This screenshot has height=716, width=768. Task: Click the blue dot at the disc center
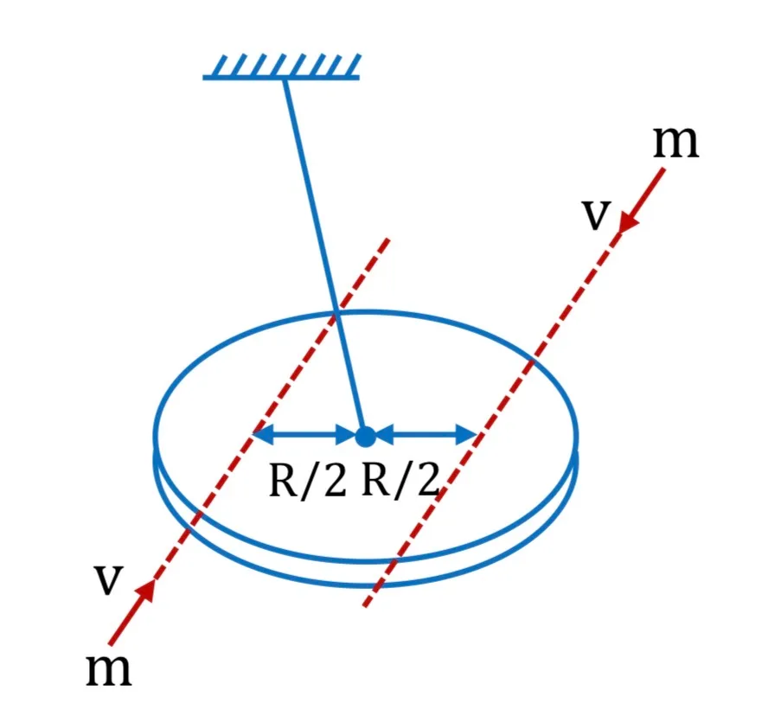pos(365,436)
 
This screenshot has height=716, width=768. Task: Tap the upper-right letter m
pos(676,142)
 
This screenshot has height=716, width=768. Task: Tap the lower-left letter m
pos(108,669)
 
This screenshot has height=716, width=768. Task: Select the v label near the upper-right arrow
pos(597,214)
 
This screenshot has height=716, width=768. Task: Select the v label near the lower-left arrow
pos(108,580)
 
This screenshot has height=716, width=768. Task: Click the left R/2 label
pos(308,481)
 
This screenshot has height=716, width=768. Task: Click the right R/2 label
pos(400,481)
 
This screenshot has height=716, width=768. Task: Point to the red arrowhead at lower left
pos(145,591)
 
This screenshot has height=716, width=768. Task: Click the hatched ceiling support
pos(282,66)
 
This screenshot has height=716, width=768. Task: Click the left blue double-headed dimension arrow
pos(304,434)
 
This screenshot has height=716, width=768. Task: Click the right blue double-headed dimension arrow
pos(426,434)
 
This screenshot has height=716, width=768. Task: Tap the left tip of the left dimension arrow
pos(253,434)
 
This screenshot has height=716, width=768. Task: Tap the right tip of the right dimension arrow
pos(477,434)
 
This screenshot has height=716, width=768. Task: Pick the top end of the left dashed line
pos(389,239)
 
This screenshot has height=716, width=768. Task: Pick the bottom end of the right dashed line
pos(365,606)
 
